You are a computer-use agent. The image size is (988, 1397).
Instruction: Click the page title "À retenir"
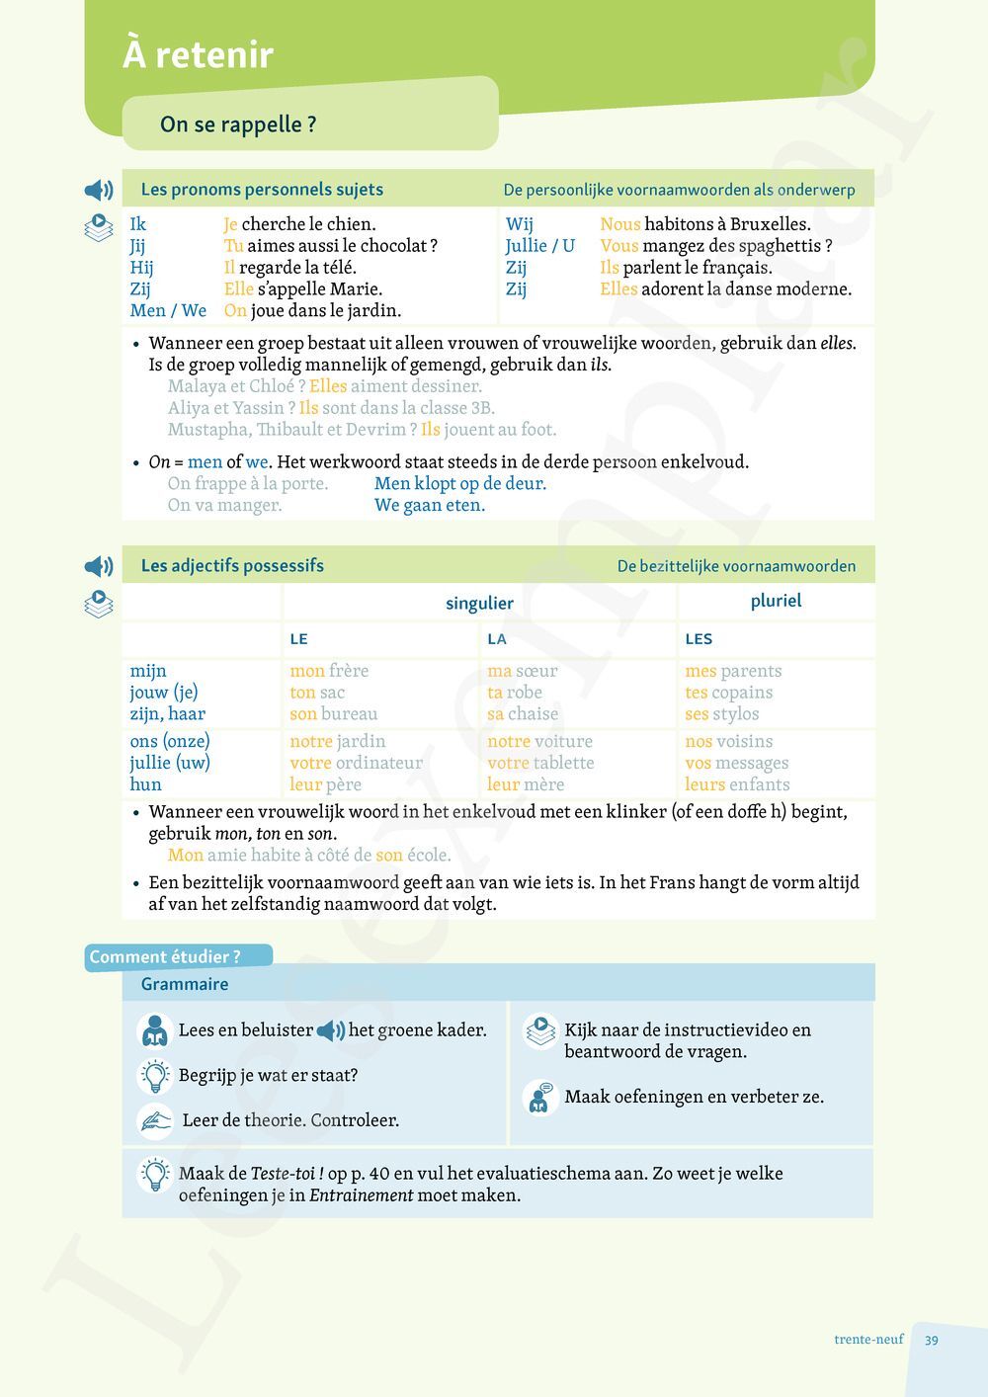point(198,54)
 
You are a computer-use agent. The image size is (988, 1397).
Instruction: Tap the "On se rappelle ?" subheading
point(238,124)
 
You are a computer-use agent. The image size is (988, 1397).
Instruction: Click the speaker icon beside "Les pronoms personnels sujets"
point(99,190)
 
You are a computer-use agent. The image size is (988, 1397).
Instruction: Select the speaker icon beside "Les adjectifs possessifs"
point(99,566)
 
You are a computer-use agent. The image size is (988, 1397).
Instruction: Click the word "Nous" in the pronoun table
point(619,224)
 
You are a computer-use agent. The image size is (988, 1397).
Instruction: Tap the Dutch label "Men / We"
point(168,310)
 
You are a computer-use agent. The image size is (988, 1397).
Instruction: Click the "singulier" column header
point(479,603)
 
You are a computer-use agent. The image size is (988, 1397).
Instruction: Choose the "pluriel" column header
point(776,601)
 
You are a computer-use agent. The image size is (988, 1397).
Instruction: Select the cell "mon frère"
point(329,671)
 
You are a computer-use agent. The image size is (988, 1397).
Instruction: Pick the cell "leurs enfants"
point(737,784)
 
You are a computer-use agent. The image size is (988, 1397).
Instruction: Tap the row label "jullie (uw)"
point(170,763)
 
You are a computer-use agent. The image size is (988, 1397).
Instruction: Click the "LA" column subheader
point(497,639)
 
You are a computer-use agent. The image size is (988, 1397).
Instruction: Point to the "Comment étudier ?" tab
point(165,956)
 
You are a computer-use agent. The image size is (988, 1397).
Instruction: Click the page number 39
point(932,1340)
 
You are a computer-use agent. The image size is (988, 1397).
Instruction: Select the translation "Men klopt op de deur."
point(460,483)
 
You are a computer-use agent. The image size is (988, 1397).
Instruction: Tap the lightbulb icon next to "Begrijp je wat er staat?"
point(155,1075)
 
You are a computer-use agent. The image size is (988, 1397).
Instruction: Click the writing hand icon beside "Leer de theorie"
point(155,1120)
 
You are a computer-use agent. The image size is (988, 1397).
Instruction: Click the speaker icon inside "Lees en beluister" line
point(331,1030)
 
